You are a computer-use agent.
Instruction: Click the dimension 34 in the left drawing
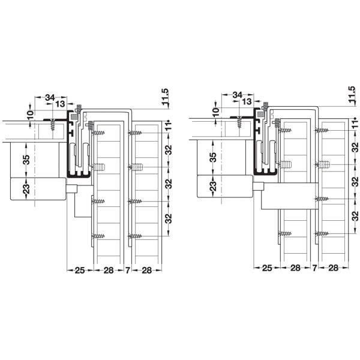click(x=50, y=98)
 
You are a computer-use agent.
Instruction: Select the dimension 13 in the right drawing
click(x=247, y=101)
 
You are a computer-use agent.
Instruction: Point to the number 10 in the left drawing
click(x=30, y=115)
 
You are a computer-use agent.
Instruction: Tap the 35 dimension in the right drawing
click(x=214, y=157)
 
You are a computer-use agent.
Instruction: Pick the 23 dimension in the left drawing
click(x=26, y=189)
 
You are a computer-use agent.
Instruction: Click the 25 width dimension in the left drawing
click(x=80, y=271)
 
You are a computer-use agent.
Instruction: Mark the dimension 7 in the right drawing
click(x=314, y=268)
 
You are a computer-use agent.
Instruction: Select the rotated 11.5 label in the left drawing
click(x=166, y=97)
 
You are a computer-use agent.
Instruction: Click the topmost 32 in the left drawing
click(x=169, y=150)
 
